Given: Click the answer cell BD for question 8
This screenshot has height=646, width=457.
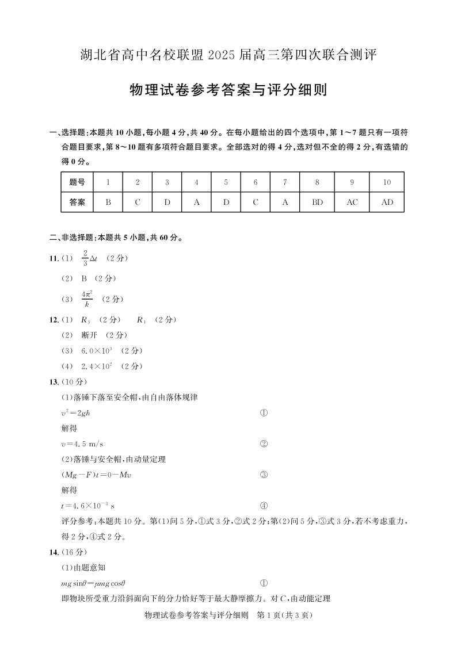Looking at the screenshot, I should pos(317,202).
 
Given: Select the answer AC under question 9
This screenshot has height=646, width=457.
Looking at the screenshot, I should pos(352,202).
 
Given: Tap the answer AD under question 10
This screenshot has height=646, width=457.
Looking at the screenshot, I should pos(387,202).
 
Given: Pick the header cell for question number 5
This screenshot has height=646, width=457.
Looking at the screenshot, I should pos(226,182).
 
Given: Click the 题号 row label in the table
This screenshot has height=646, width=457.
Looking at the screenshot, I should pos(77,182).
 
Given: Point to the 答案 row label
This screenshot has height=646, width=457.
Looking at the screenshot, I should pos(77,202).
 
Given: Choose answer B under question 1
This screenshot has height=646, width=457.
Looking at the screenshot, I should pos(108,202).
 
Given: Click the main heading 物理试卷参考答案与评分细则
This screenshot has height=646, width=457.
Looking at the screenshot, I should pos(228,90).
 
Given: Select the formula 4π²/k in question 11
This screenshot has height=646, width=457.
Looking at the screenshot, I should pos(87,299).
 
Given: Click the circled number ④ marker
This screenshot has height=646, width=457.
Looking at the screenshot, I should pos(264,506).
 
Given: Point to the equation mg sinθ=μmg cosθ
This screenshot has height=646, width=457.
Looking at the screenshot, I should pos(93,583).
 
